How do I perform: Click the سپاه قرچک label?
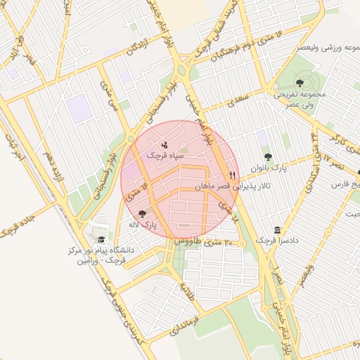pos(165,154)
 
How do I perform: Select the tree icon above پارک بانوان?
pos(267,157)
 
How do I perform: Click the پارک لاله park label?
pos(143,226)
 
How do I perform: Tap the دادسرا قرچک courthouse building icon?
pos(278,230)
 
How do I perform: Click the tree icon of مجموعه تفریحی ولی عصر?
pos(300,83)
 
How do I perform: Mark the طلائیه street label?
pos(186,288)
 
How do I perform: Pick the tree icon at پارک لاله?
pos(143,214)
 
